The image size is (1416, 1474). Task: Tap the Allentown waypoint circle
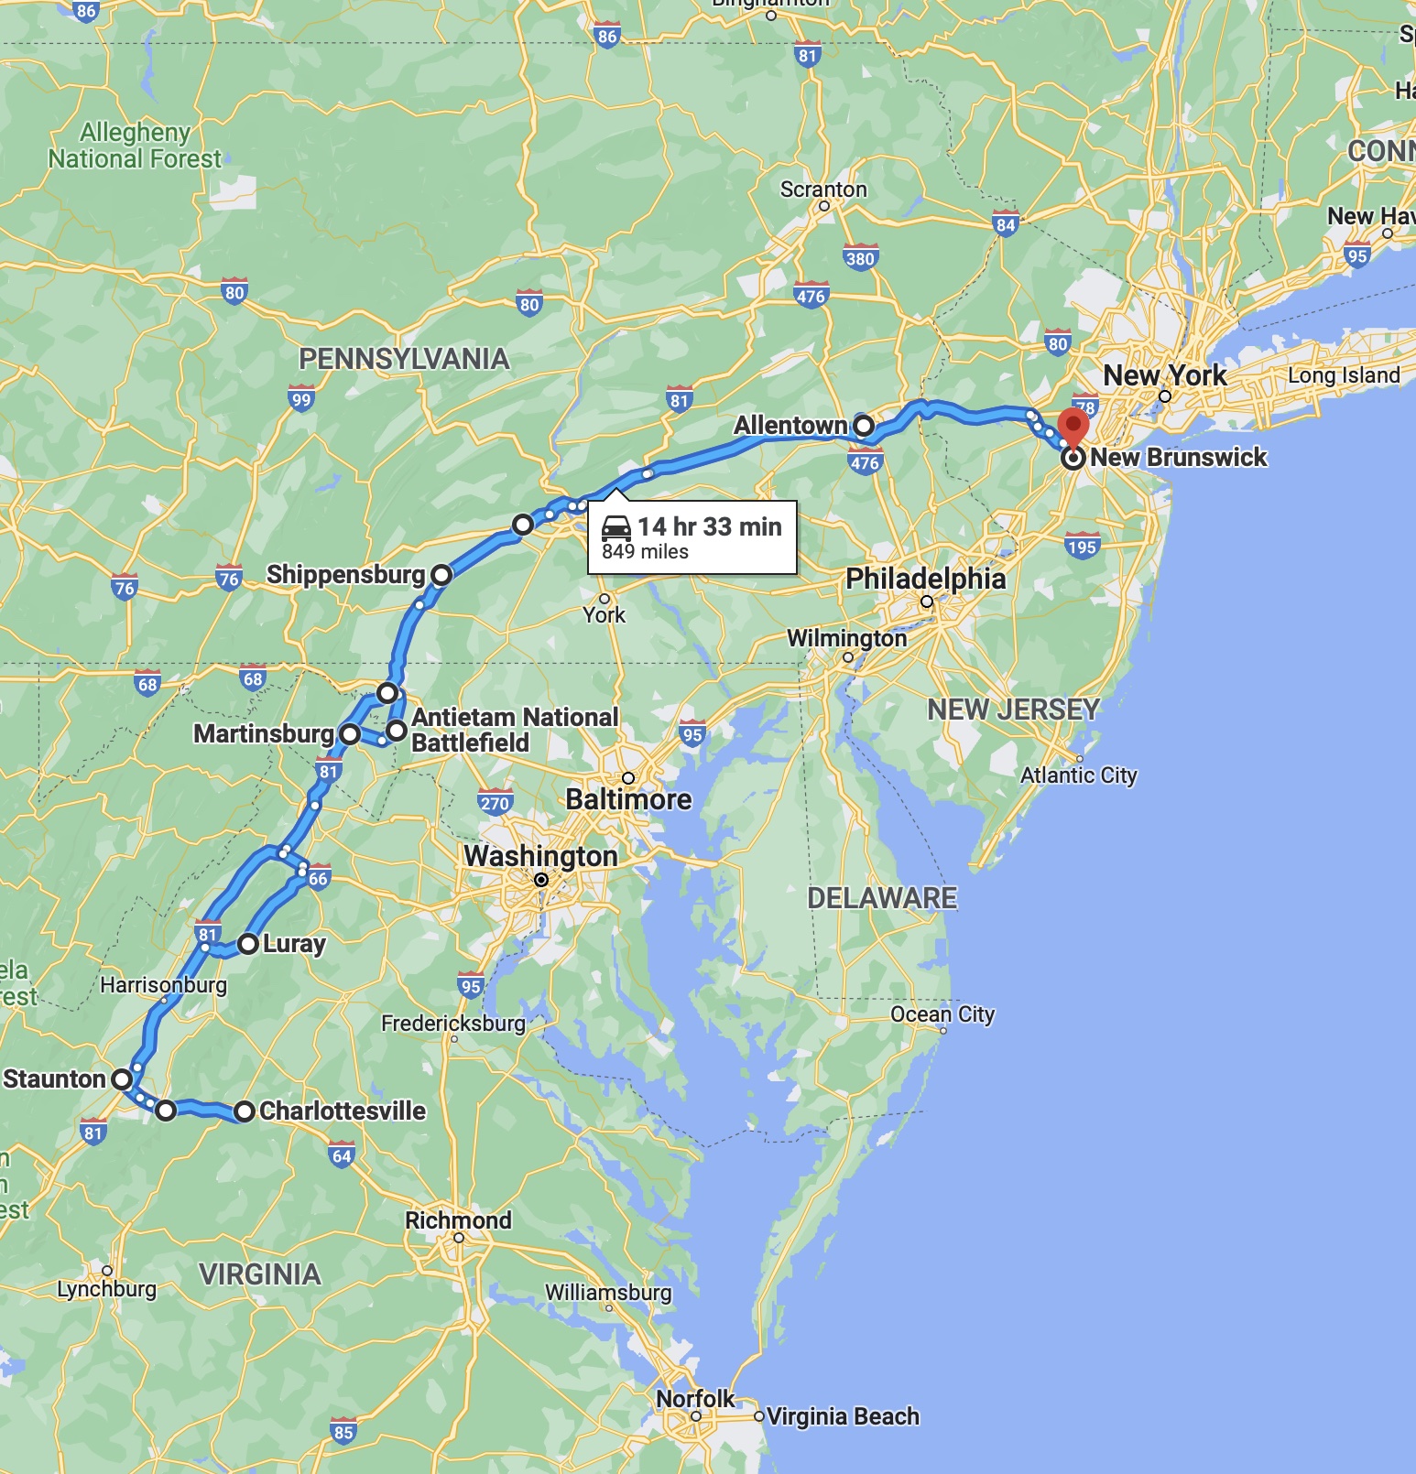864,426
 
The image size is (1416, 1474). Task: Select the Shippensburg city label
345,575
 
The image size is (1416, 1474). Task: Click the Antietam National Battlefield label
515,730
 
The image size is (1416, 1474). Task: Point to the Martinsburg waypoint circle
350,734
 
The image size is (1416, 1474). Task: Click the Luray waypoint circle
248,944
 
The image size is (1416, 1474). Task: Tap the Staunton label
54,1079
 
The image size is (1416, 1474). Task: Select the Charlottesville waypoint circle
244,1111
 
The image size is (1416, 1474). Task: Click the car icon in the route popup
616,527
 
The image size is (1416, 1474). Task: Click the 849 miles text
645,552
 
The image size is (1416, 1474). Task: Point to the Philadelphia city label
925,579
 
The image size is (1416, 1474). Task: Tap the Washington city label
540,856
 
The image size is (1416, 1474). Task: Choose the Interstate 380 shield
860,257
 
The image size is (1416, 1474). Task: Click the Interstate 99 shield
301,398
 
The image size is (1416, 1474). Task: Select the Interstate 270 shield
495,803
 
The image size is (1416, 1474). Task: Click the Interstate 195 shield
1082,547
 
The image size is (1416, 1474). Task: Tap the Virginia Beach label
843,1416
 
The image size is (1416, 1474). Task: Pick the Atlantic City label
1078,775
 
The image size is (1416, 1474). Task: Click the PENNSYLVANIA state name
404,359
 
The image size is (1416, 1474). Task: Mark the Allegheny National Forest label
135,146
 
